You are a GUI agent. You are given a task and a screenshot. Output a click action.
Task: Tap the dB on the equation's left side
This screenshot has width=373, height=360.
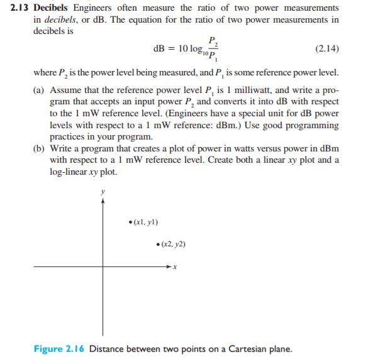click(160, 48)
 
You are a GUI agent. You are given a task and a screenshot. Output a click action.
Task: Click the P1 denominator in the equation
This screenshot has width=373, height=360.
click(213, 57)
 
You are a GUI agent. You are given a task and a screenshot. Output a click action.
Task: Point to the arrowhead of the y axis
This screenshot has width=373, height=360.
click(103, 201)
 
